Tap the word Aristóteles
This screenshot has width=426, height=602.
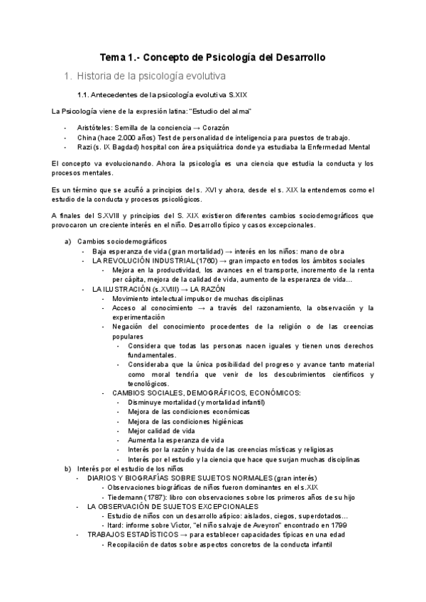pyautogui.click(x=99, y=126)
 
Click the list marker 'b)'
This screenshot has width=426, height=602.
pyautogui.click(x=68, y=469)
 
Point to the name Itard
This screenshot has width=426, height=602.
pyautogui.click(x=116, y=526)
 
